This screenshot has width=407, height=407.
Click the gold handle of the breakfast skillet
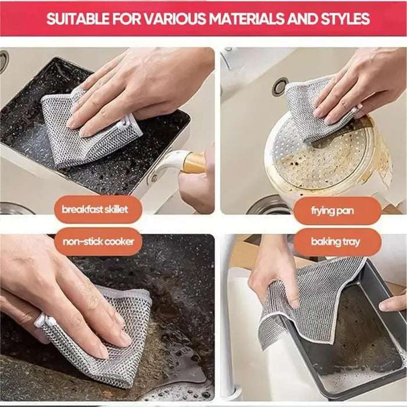pyautogui.click(x=192, y=163)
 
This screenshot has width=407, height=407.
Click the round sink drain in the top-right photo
pyautogui.click(x=279, y=86)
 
